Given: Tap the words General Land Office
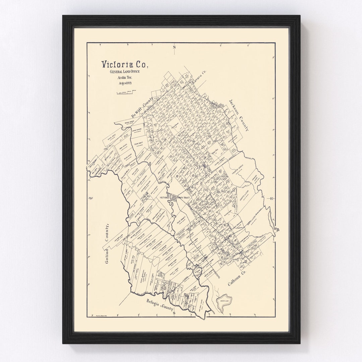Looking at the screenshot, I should [x=124, y=72].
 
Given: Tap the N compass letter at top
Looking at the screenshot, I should [x=174, y=47].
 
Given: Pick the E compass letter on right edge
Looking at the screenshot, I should [x=272, y=198].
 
